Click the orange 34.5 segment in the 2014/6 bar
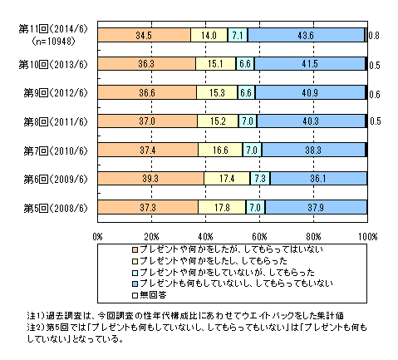(144, 35)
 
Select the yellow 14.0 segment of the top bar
(209, 35)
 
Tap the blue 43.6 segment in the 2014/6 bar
(306, 35)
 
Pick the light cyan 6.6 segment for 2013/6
(245, 64)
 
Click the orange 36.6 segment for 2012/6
(147, 92)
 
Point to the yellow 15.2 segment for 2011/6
(218, 121)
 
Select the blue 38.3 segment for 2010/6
(313, 150)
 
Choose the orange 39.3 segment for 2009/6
(150, 179)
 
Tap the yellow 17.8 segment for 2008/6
(222, 207)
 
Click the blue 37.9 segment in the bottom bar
(316, 207)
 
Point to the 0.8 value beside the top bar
(374, 36)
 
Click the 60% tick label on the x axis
(259, 237)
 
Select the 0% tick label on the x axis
(97, 237)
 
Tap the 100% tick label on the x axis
(368, 237)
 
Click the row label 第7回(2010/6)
(56, 150)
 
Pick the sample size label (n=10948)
(54, 42)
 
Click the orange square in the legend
(135, 249)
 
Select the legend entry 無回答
(150, 295)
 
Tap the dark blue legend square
(135, 284)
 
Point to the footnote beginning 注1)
(185, 315)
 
